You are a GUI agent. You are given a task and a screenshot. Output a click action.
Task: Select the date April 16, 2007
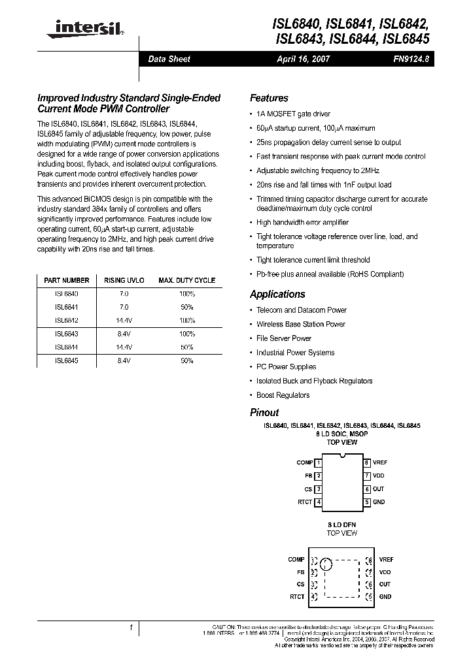click(303, 59)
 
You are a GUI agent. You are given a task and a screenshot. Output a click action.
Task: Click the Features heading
click(269, 98)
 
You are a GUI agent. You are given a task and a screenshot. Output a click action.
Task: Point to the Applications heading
click(277, 295)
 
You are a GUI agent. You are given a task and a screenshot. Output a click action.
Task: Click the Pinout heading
click(264, 413)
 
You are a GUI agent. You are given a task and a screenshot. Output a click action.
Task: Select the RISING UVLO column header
click(124, 280)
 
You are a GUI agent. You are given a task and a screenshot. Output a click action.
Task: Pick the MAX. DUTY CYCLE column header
click(186, 280)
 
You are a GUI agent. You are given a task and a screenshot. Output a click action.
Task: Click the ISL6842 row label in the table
click(66, 320)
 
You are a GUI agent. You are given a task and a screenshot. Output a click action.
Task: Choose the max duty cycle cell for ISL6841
click(186, 307)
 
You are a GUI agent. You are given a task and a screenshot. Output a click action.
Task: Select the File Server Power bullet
click(283, 338)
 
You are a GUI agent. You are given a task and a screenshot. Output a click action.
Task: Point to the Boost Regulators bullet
click(283, 395)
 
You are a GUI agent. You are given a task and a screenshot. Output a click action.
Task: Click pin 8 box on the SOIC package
click(368, 462)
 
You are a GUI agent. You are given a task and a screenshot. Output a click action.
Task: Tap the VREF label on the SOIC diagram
click(380, 462)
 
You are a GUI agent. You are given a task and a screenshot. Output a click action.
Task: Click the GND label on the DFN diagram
click(385, 597)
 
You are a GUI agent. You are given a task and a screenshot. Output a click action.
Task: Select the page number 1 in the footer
click(131, 628)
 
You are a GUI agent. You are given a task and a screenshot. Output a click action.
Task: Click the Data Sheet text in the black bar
click(169, 59)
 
